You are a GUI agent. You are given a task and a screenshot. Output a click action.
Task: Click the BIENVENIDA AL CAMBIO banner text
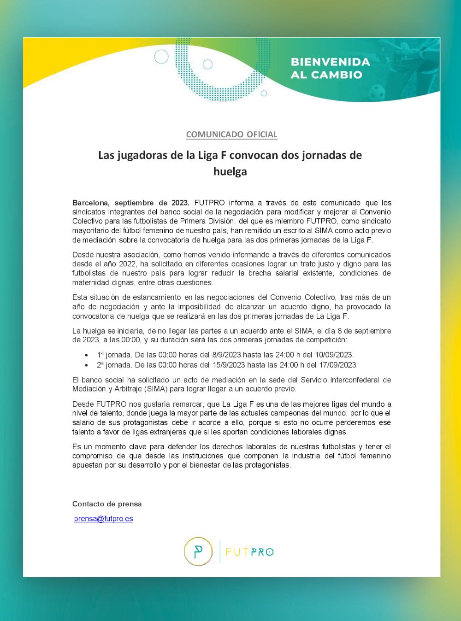pyautogui.click(x=330, y=68)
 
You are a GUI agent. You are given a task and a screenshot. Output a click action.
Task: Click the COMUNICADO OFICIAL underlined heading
pyautogui.click(x=231, y=135)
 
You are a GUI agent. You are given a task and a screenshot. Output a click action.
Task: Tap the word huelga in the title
pyautogui.click(x=230, y=171)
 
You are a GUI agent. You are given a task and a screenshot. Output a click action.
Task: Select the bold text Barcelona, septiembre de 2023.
pyautogui.click(x=130, y=203)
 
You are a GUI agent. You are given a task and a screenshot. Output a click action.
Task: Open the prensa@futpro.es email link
pyautogui.click(x=103, y=519)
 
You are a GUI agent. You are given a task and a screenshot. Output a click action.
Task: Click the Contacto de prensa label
pyautogui.click(x=107, y=504)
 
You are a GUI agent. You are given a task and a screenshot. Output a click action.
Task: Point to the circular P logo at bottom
pyautogui.click(x=198, y=551)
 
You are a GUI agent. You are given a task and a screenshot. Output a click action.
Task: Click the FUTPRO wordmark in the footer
pyautogui.click(x=250, y=552)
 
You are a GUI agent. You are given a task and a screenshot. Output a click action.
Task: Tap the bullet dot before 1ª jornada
pyautogui.click(x=87, y=355)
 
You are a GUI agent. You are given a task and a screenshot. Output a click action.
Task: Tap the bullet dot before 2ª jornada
pyautogui.click(x=87, y=365)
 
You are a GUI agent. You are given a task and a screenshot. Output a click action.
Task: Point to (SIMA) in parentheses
pyautogui.click(x=156, y=389)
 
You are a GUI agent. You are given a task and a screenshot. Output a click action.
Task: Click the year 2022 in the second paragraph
pyautogui.click(x=128, y=264)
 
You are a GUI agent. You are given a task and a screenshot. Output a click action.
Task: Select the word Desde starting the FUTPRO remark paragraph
pyautogui.click(x=83, y=404)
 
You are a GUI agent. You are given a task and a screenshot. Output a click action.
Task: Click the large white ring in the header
pyautogui.click(x=161, y=57)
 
